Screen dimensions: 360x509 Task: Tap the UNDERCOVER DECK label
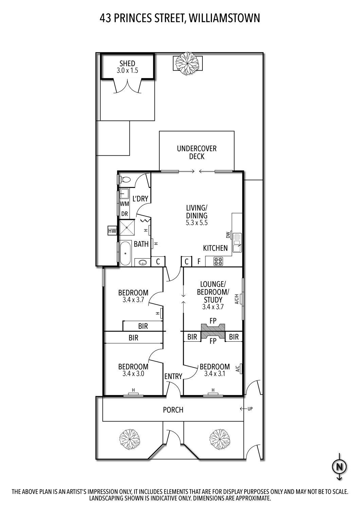pos(197,152)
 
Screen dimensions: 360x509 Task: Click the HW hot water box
pos(112,231)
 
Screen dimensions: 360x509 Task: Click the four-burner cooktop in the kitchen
pos(218,261)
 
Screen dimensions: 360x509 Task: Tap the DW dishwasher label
pos(228,235)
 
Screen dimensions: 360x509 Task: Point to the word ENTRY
pos(173,376)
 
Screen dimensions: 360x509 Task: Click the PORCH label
pos(173,410)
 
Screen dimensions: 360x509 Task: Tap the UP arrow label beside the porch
pos(246,409)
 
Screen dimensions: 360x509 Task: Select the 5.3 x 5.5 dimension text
pos(197,223)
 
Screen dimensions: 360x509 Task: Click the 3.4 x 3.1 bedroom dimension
pos(215,374)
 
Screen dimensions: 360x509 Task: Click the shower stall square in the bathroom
pos(127,227)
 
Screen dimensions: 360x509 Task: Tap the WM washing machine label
pos(124,204)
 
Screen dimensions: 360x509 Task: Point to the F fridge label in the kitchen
pos(199,262)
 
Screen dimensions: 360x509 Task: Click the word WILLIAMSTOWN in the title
pos(224,18)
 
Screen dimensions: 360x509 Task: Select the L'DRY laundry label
pos(140,199)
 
